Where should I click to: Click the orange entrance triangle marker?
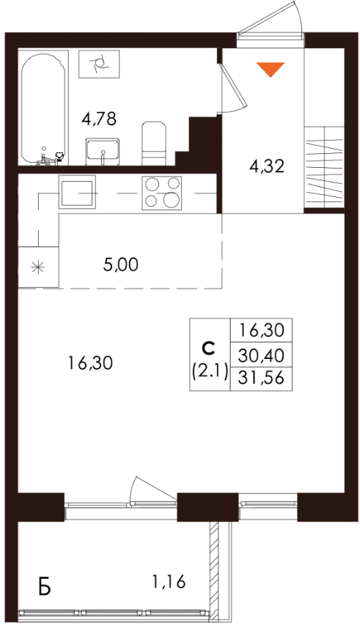tap(271, 69)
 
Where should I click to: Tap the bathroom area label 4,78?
tap(99, 119)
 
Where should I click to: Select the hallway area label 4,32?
tap(267, 166)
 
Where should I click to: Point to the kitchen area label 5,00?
tap(120, 265)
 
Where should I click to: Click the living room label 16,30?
tap(90, 363)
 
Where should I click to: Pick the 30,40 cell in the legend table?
tap(261, 355)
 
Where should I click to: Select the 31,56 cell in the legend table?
tap(261, 377)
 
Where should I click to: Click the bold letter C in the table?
tap(208, 348)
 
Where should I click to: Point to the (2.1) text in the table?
tap(210, 372)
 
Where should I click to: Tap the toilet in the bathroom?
tap(154, 143)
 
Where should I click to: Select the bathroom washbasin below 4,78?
tap(103, 151)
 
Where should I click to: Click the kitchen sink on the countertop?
tap(77, 192)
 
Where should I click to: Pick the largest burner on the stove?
tap(171, 199)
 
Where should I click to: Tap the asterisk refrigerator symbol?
tap(38, 267)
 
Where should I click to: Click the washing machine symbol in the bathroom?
tap(99, 64)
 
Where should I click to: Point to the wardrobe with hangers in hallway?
tap(324, 166)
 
